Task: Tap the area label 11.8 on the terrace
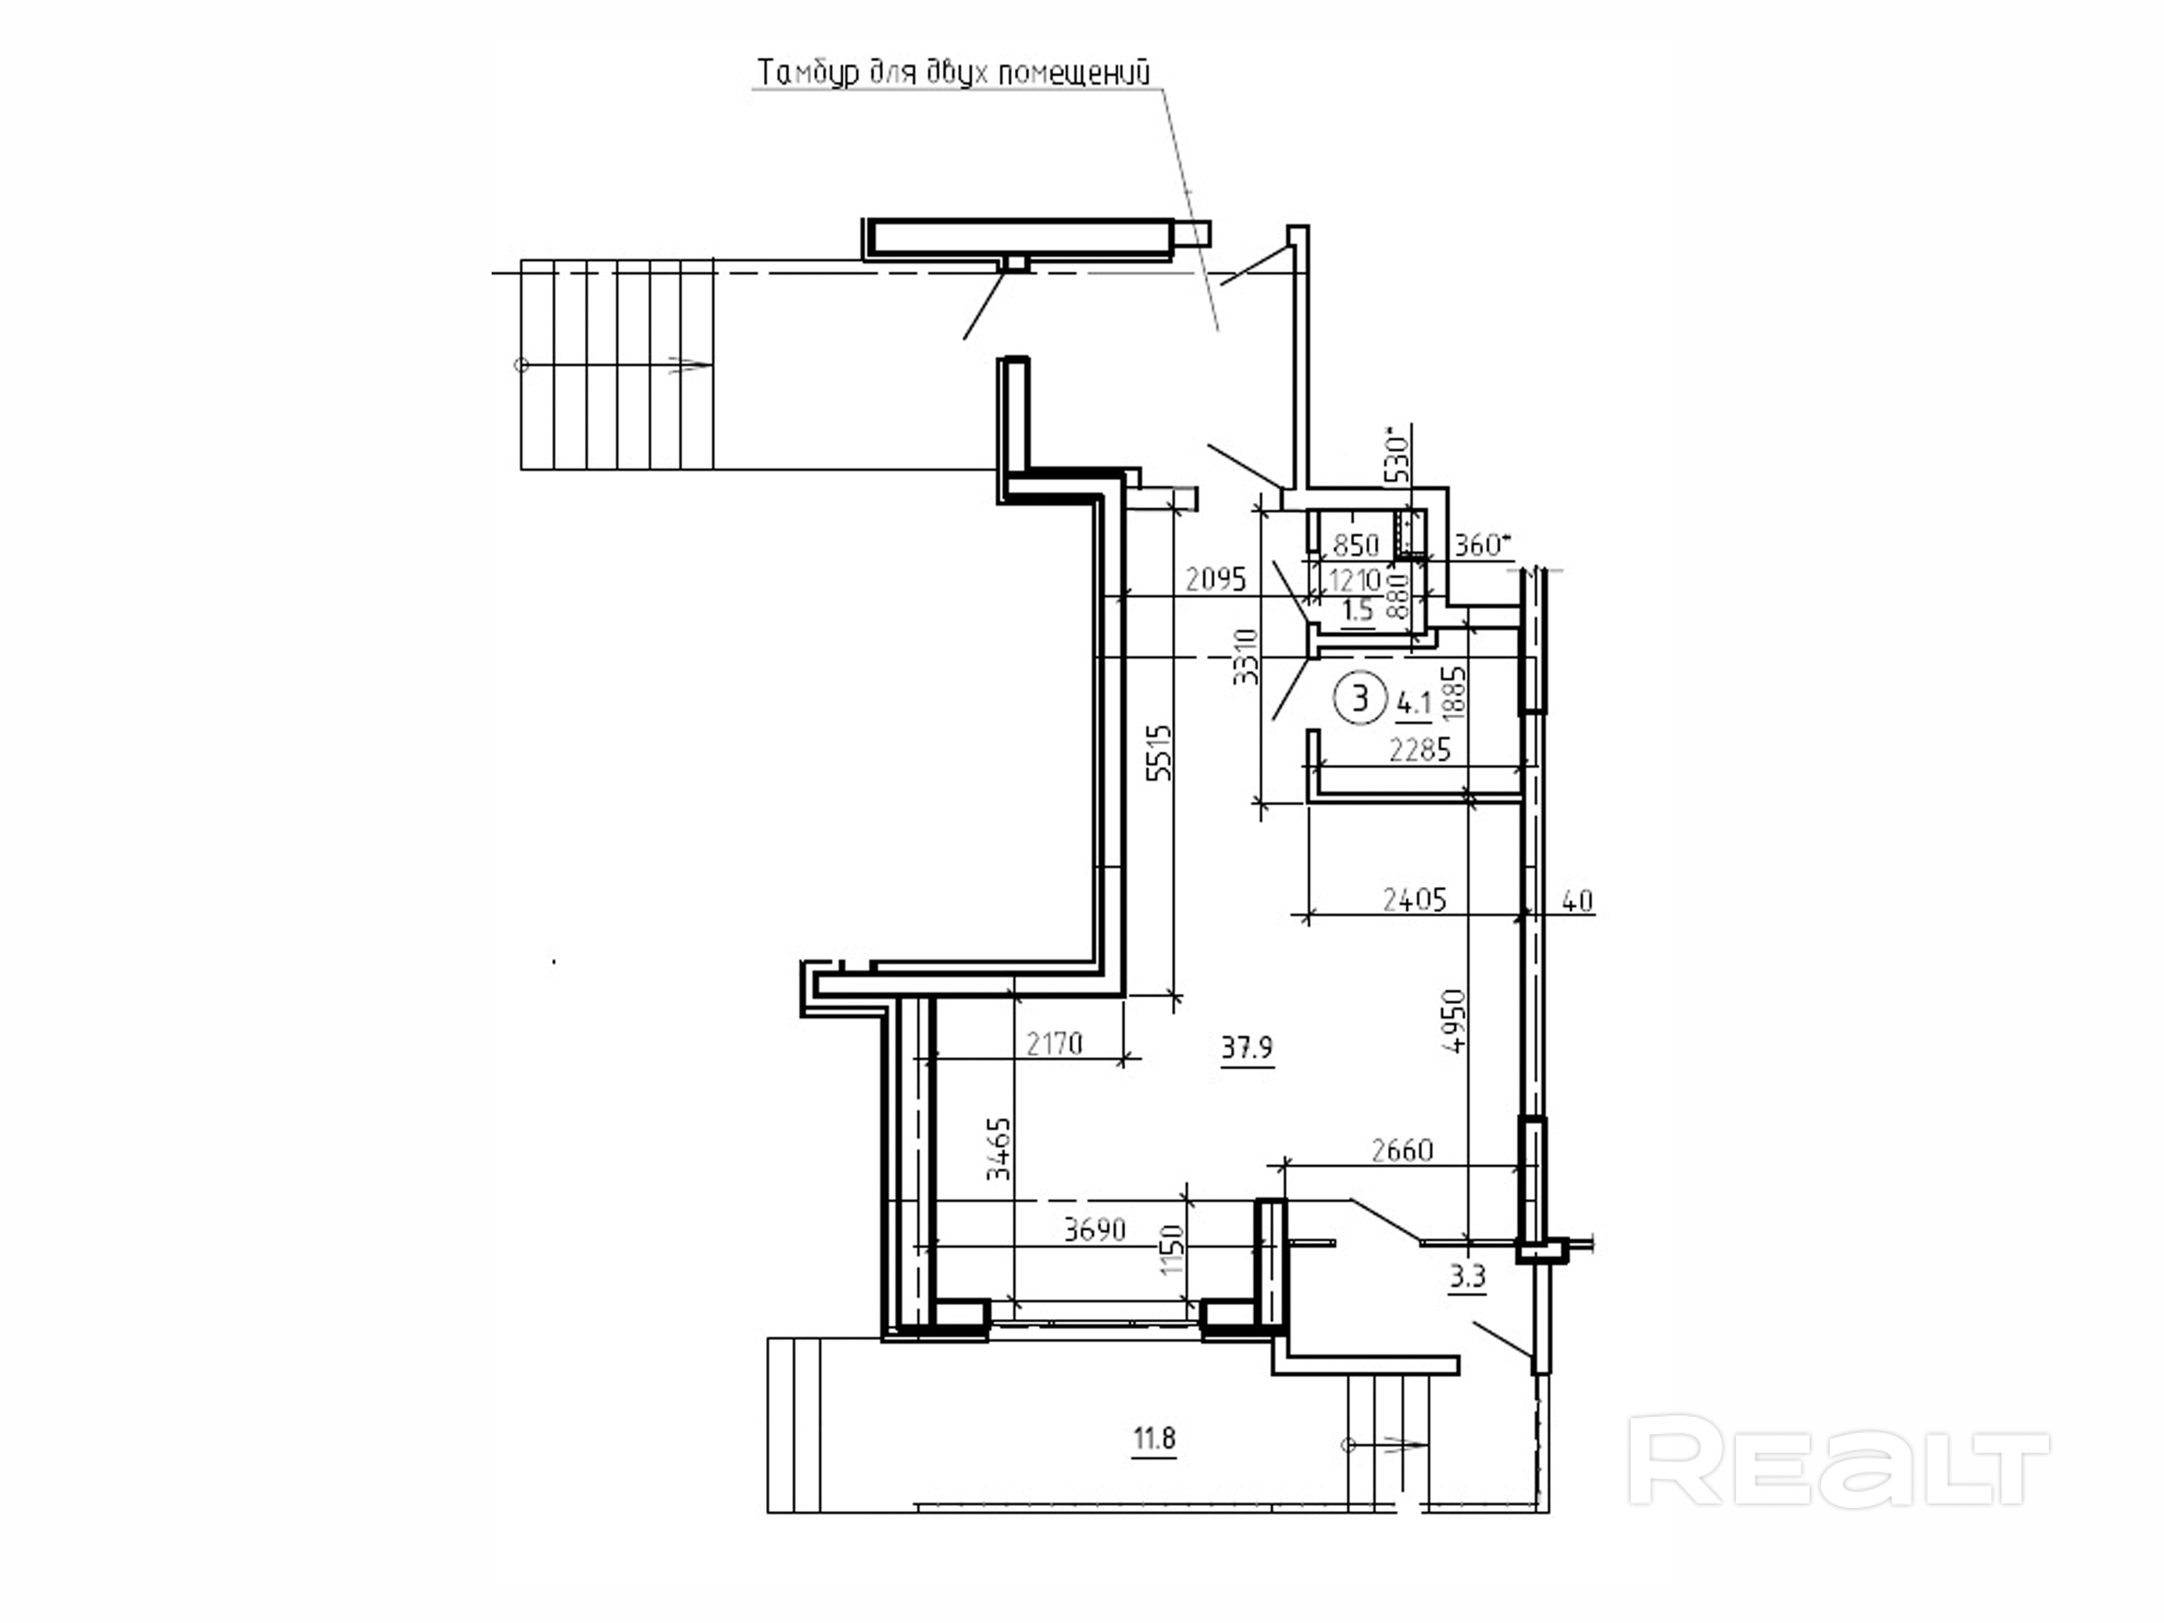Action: click(1154, 1439)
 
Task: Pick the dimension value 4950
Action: click(1456, 1021)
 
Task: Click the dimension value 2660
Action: click(1402, 1151)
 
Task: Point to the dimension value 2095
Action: click(1216, 580)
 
